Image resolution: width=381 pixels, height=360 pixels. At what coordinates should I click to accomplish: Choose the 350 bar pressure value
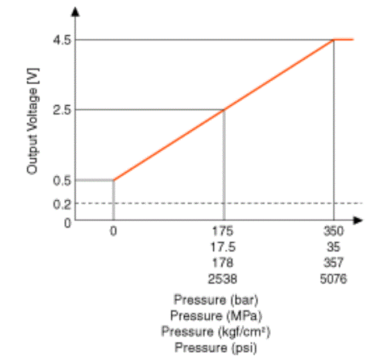[334, 231]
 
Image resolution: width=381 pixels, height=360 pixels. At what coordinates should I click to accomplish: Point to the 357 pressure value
[334, 263]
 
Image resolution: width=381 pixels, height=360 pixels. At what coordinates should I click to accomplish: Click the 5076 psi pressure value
[334, 279]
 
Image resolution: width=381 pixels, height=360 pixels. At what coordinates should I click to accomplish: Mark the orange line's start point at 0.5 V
[114, 180]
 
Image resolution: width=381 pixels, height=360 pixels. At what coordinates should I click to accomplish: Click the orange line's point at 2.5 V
[224, 110]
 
